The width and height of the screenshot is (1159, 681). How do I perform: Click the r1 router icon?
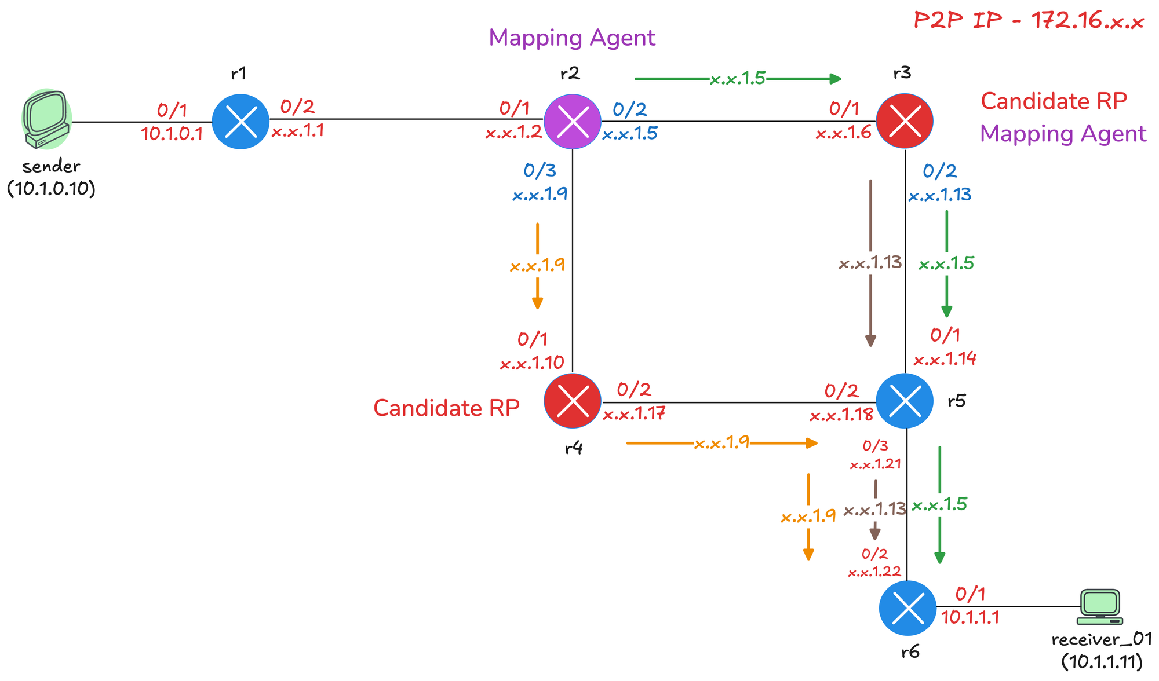click(240, 122)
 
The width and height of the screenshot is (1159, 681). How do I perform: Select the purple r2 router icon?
click(573, 122)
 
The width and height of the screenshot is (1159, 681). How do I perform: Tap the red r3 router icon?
click(905, 122)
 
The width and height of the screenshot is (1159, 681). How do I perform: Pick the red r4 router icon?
click(573, 401)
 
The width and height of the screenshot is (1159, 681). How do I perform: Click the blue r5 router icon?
click(905, 401)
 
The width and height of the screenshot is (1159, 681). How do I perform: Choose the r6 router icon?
click(907, 608)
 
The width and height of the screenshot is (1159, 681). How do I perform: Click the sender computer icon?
click(46, 119)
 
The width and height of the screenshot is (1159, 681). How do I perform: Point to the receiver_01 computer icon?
click(1099, 607)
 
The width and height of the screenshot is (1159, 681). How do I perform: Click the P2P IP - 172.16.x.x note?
click(1029, 21)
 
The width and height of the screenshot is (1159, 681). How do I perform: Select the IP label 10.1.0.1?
click(172, 134)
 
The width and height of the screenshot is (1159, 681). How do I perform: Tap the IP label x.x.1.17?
click(634, 414)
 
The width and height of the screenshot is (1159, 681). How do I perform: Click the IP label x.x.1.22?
click(874, 572)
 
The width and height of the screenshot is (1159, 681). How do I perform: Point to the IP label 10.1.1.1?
click(970, 617)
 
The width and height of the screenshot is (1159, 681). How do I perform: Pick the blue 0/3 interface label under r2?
click(540, 170)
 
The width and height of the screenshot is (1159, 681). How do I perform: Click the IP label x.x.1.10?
click(532, 364)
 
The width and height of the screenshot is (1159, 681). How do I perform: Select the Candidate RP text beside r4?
click(446, 408)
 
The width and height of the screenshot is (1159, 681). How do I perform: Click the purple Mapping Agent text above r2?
click(572, 38)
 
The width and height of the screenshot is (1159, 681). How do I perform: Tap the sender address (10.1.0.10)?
click(51, 189)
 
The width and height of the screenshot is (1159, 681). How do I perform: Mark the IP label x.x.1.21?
click(875, 464)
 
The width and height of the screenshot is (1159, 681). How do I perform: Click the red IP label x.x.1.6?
click(844, 134)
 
